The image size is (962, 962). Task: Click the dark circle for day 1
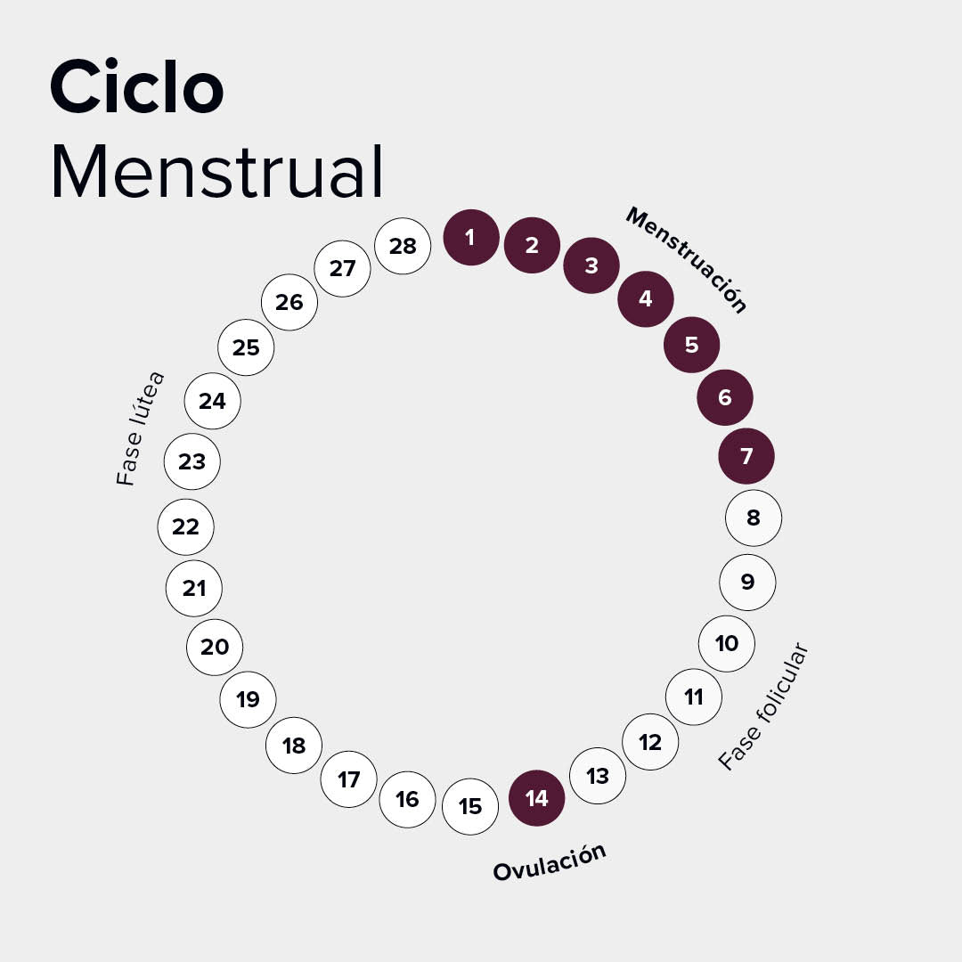(470, 238)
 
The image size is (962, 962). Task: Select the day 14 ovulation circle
(536, 798)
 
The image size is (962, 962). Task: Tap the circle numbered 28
(403, 246)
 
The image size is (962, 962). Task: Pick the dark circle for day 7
(746, 457)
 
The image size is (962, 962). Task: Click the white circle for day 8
(754, 517)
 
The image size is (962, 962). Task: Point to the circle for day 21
(194, 588)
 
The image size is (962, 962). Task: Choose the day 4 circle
(646, 298)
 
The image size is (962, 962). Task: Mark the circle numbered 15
(470, 807)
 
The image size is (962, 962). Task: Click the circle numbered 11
(694, 697)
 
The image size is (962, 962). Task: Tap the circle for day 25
(246, 347)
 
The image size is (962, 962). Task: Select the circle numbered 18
(294, 746)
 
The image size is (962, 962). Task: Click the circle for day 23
(192, 461)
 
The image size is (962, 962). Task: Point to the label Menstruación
(685, 260)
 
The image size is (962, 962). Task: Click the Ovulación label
(550, 862)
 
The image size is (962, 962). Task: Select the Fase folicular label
(763, 706)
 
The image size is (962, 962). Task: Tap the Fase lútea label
(141, 428)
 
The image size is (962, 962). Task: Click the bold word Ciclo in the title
(136, 87)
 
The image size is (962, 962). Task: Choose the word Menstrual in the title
(217, 171)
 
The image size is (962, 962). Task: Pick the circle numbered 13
(598, 776)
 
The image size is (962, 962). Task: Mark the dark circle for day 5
(692, 345)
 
